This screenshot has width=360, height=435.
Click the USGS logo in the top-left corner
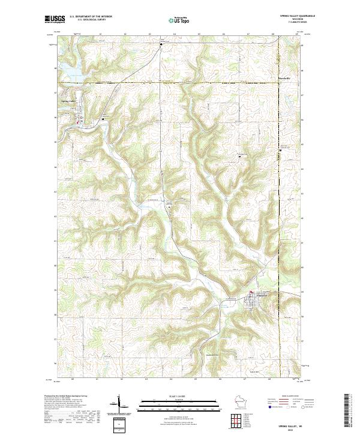coord(55,19)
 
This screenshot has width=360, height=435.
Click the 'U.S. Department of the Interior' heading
coord(91,16)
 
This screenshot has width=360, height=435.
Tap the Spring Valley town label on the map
coord(69,101)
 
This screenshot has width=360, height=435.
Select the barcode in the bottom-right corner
coord(346,411)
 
